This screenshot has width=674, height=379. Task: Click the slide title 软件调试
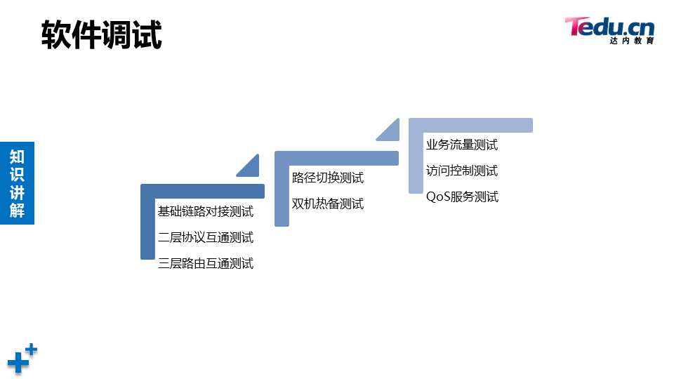click(102, 34)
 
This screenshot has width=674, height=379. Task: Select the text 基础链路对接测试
click(206, 211)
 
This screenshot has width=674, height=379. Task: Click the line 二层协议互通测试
click(206, 237)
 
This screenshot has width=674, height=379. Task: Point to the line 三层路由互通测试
click(206, 263)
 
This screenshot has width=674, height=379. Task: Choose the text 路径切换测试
click(328, 178)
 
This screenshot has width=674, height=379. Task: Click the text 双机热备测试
click(328, 204)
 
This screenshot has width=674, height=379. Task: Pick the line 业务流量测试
click(462, 145)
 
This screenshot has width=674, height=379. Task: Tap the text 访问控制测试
click(462, 171)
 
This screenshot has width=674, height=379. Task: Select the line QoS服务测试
click(462, 197)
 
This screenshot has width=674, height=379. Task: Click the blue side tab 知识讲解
click(17, 183)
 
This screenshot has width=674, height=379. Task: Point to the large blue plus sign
click(18, 363)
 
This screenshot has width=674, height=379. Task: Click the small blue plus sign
click(31, 349)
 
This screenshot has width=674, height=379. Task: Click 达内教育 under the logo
click(632, 41)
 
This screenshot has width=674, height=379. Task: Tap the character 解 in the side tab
click(17, 210)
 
